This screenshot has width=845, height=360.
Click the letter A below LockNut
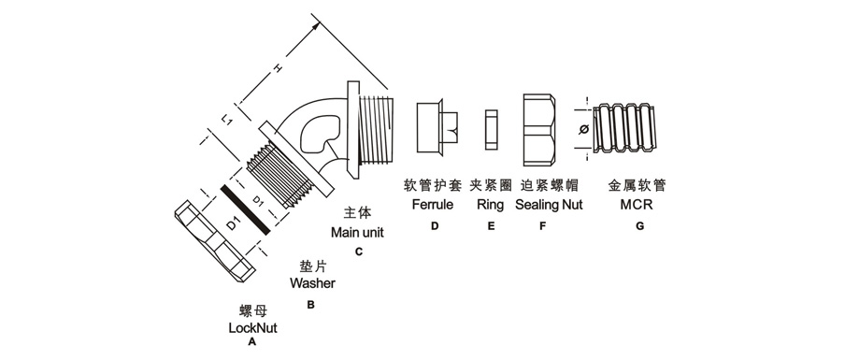click(x=251, y=341)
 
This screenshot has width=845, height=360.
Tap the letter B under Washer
click(x=310, y=305)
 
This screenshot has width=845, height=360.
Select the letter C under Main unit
click(x=359, y=252)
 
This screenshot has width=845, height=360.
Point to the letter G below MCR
click(x=639, y=226)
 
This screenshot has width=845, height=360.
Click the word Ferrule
click(x=433, y=205)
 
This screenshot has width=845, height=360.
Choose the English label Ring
click(x=491, y=206)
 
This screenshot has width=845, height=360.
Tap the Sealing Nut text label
click(x=549, y=206)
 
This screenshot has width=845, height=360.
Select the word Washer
click(x=312, y=283)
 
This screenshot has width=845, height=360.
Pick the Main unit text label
click(x=357, y=232)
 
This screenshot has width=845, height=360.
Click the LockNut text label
click(x=252, y=327)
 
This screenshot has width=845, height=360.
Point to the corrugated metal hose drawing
click(x=625, y=129)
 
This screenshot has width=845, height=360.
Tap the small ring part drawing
click(x=492, y=129)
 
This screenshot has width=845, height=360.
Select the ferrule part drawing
click(x=437, y=127)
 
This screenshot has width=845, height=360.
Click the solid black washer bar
click(x=245, y=209)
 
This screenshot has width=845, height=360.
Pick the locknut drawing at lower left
click(x=214, y=241)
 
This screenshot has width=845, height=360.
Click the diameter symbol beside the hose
click(x=583, y=129)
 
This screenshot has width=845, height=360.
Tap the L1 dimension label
click(x=228, y=119)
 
